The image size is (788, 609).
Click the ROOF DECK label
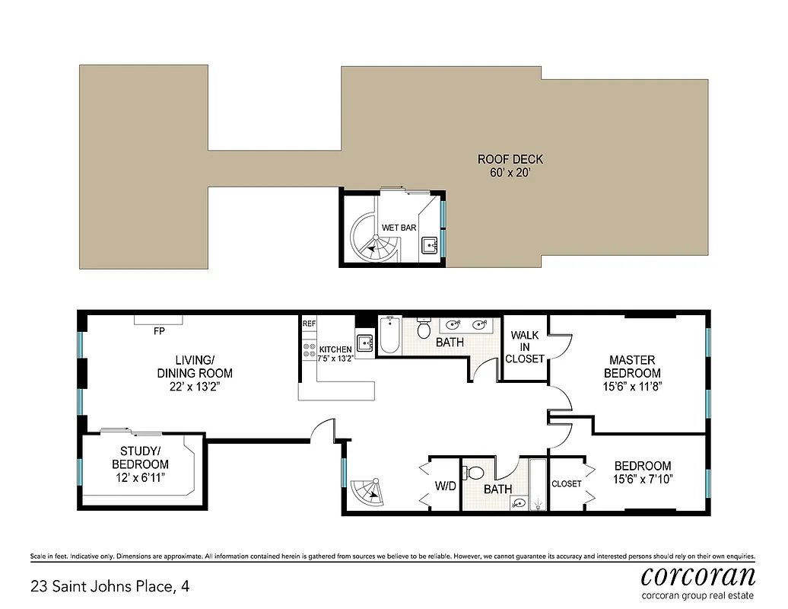[510, 160]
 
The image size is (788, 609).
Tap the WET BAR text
[399, 228]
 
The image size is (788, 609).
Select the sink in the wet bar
[430, 245]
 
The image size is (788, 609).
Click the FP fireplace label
[159, 332]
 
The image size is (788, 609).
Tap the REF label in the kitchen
[309, 324]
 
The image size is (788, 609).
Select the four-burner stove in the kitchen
[310, 350]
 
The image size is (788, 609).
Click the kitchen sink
[364, 343]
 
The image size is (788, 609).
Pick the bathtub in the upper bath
[389, 336]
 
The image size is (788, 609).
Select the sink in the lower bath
[520, 503]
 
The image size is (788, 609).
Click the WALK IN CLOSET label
[525, 346]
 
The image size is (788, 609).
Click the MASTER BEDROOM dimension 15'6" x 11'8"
[631, 387]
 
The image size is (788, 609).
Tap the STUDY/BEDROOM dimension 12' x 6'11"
[140, 477]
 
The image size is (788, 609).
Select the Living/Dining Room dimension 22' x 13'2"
[195, 387]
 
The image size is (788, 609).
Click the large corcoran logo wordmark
[697, 575]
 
